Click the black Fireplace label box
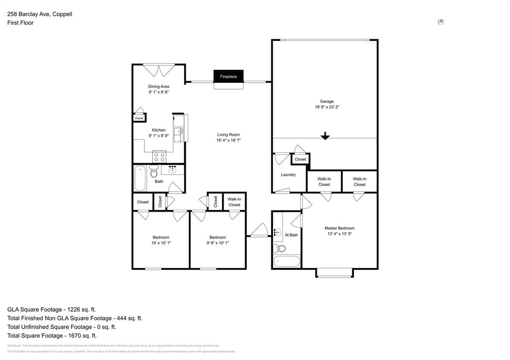point(229,76)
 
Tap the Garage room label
point(327,101)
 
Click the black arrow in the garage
point(325,135)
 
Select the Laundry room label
point(288,175)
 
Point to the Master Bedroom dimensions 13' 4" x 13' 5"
point(340,234)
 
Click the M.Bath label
point(291,235)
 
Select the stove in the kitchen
point(159,157)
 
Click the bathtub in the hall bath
point(140,178)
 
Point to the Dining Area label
point(158,87)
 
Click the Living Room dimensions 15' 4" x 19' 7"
point(229,140)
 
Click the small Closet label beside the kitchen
point(139,119)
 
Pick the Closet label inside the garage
point(300,159)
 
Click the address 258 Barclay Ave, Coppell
point(40,14)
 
